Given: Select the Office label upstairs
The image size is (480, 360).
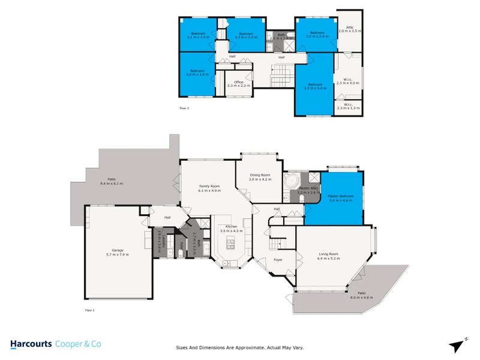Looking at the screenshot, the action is click(238, 83).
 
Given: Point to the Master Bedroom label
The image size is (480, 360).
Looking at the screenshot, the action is click(341, 198).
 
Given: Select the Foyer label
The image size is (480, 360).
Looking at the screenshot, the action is click(278, 260).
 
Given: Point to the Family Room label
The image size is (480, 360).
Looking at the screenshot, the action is click(209, 188).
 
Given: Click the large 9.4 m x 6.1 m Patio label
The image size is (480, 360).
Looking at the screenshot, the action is click(111, 180).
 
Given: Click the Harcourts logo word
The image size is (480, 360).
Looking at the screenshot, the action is click(31, 344).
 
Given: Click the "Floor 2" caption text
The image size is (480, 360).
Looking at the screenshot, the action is click(184, 109).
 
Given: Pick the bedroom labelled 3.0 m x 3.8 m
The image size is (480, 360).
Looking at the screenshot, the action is click(197, 73).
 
